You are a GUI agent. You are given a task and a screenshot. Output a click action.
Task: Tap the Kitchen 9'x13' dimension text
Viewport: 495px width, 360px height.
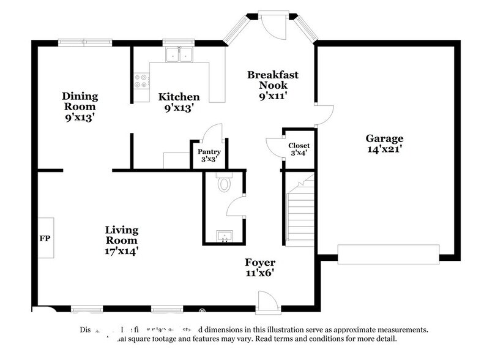(x=179, y=108)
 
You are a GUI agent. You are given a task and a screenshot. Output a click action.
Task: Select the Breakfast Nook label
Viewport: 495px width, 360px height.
(x=272, y=80)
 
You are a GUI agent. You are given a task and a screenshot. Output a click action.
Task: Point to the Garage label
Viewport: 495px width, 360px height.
(x=384, y=138)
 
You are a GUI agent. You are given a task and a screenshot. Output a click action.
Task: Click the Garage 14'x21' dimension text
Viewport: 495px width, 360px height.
(x=384, y=149)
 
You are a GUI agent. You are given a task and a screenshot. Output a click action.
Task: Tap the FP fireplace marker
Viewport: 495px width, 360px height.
(x=45, y=238)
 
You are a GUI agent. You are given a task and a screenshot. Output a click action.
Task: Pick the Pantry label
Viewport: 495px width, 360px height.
(x=209, y=152)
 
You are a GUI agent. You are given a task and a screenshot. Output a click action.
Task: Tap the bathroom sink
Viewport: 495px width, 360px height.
(x=223, y=236)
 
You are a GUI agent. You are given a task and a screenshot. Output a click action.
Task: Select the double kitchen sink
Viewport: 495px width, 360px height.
(x=179, y=56)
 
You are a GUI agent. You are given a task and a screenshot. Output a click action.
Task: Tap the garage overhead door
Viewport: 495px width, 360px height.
(x=389, y=254)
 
